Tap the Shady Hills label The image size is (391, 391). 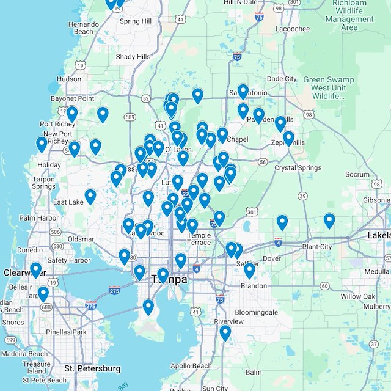(133, 57)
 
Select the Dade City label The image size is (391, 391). (282, 79)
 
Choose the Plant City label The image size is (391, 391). (317, 247)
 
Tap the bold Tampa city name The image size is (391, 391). (169, 280)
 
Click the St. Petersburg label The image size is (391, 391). (92, 369)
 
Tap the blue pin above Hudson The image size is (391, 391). (80, 65)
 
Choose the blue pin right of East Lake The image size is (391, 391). (90, 195)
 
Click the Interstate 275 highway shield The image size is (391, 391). (92, 305)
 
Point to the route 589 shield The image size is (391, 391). (129, 117)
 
